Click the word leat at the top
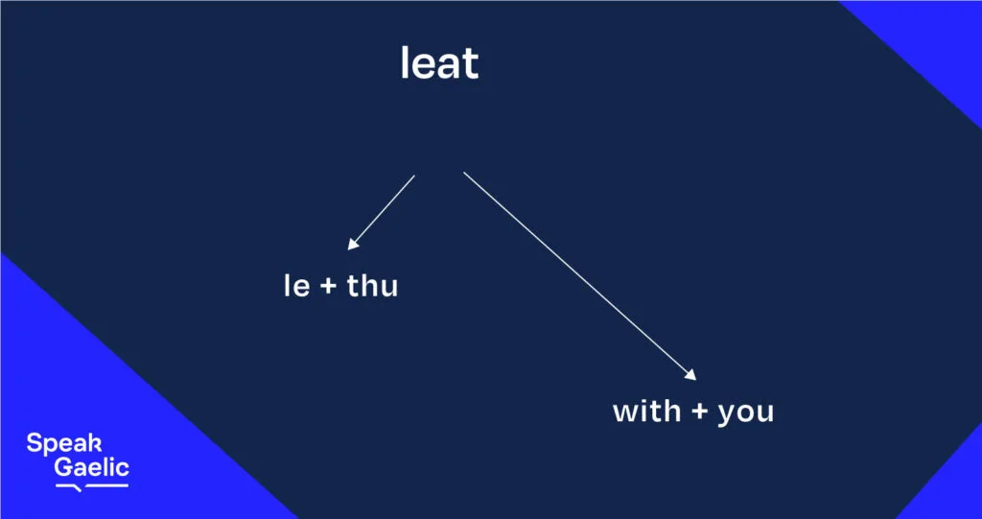(439, 63)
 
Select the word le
(297, 286)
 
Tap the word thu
(373, 286)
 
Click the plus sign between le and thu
(329, 287)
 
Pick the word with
(646, 412)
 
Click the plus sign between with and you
(699, 413)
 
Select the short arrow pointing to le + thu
(382, 212)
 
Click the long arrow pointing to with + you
(580, 275)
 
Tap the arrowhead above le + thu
(353, 244)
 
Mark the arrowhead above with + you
(690, 375)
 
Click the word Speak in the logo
(64, 444)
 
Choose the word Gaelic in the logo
(91, 467)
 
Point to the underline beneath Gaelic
(91, 486)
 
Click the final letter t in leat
(472, 64)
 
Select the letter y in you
(727, 416)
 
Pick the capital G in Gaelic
(63, 467)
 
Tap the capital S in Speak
(35, 442)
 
